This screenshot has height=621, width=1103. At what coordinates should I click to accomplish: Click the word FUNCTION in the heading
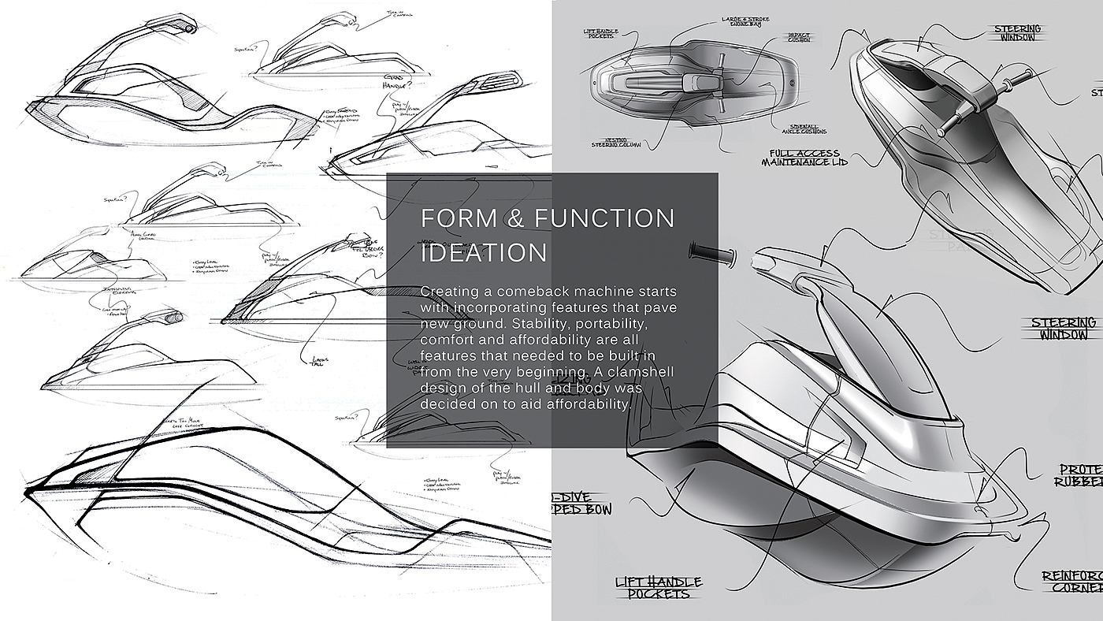pyautogui.click(x=604, y=218)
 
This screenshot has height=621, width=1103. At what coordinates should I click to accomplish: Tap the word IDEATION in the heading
pyautogui.click(x=484, y=253)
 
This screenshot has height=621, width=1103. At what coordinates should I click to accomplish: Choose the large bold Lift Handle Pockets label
pyautogui.click(x=659, y=587)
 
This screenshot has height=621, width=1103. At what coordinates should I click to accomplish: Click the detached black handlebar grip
pyautogui.click(x=711, y=254)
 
